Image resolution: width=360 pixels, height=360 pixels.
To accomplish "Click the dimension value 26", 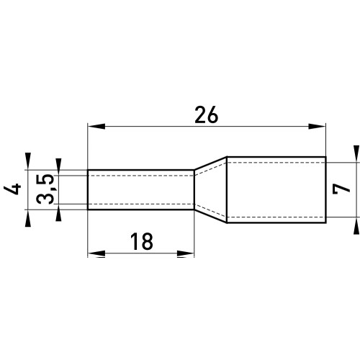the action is coord(207,115).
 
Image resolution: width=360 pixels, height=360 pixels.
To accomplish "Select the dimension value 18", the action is coord(142,241).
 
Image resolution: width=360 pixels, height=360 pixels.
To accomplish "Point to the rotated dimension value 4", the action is coord(13,189).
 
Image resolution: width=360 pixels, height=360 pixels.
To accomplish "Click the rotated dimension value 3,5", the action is coord(45,189).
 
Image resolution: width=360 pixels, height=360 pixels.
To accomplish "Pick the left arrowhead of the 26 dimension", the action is coord(96,126).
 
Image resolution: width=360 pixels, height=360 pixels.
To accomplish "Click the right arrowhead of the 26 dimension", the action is coord(317,126).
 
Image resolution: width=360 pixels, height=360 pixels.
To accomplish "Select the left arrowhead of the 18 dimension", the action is coord(96,253).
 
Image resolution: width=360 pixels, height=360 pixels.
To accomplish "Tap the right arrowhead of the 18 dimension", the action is coord(185,253).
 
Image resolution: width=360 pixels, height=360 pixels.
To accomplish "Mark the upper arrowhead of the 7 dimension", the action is coord(356,154).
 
